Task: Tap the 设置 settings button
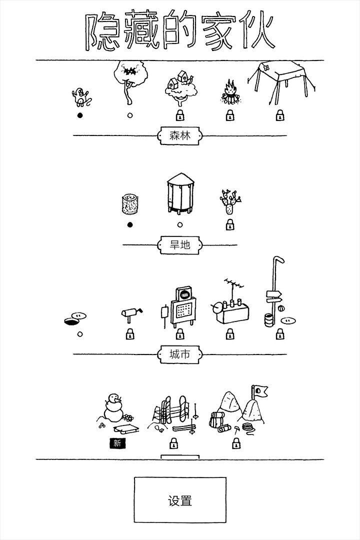tap(180, 499)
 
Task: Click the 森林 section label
tap(180, 135)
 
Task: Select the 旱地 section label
tap(180, 245)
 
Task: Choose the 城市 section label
tap(180, 354)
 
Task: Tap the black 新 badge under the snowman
tap(117, 443)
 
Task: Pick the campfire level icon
tap(230, 92)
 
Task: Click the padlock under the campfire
tap(230, 115)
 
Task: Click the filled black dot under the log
tap(130, 225)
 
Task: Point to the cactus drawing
tap(230, 201)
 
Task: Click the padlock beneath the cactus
tap(230, 225)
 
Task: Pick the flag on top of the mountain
tap(259, 391)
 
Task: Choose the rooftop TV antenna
tap(234, 286)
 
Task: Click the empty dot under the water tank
tap(179, 225)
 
